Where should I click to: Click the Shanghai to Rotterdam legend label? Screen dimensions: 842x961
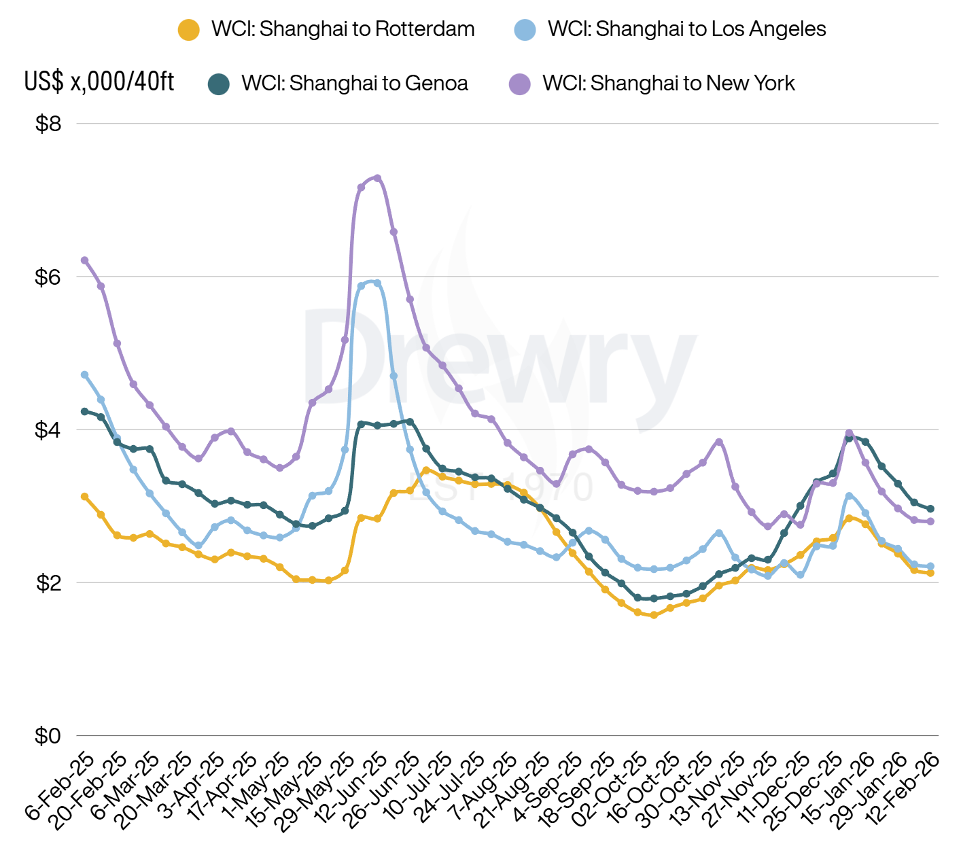pos(343,29)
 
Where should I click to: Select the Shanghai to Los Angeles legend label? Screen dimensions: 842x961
pos(686,29)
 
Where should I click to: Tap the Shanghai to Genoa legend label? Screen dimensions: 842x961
pos(354,84)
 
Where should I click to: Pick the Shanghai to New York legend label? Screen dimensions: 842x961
pos(668,84)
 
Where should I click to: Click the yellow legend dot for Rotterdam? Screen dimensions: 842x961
pos(188,30)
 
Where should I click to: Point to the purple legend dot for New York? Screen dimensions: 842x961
pos(520,84)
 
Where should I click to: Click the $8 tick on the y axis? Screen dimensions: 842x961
pos(48,124)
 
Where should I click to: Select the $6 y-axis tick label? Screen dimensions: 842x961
pos(48,277)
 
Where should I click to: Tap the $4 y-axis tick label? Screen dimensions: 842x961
pos(48,430)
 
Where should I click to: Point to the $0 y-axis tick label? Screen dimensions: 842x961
pos(48,736)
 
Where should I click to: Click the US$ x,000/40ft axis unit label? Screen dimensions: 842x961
pos(99,82)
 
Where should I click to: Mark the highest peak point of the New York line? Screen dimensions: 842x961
pos(377,178)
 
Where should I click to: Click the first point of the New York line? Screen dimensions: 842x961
pos(84,260)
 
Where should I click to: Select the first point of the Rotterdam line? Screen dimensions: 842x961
pos(84,497)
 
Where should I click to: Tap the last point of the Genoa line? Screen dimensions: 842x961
pos(930,509)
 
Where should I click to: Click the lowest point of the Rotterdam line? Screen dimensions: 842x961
pos(654,616)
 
